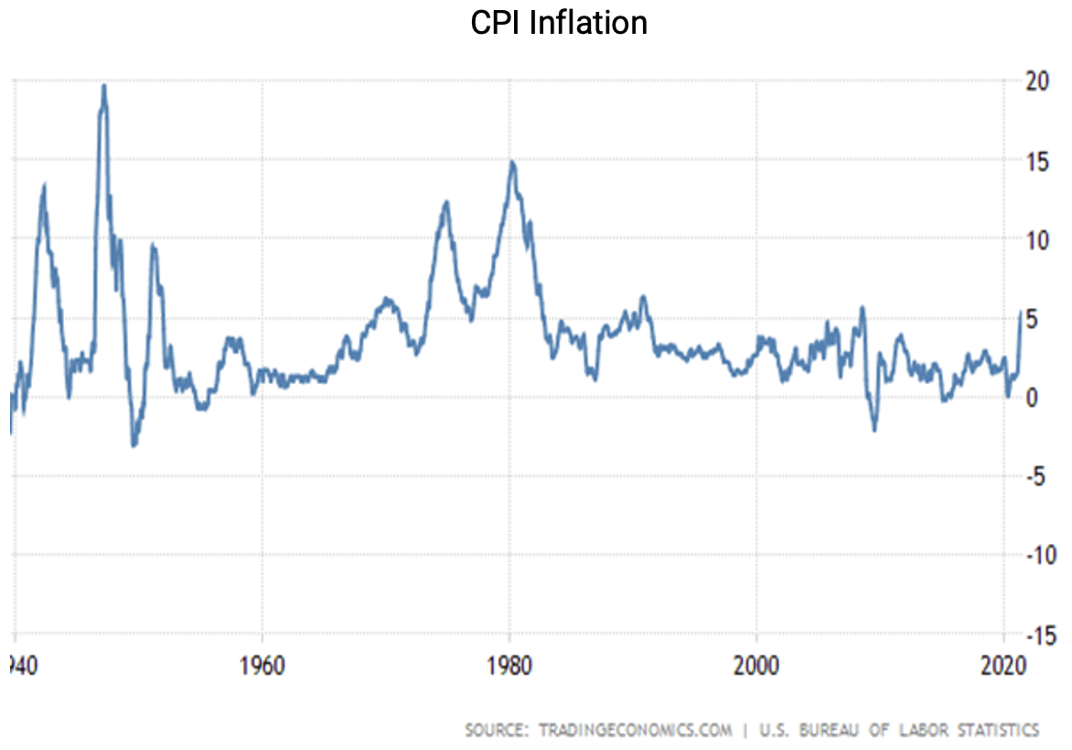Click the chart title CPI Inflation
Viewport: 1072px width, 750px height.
click(559, 22)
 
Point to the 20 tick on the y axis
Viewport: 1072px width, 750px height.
click(1036, 80)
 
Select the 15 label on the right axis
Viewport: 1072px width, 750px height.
click(1036, 161)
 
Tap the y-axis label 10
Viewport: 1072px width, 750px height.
click(1036, 241)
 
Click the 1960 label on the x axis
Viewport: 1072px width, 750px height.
click(263, 666)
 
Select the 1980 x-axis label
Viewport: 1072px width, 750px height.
click(509, 666)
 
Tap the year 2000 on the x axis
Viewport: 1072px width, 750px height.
click(756, 666)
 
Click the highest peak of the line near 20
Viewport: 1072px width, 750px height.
click(103, 85)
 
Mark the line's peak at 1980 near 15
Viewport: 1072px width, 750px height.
click(512, 162)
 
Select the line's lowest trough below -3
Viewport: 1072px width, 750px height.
click(134, 445)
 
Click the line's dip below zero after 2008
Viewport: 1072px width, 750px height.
click(874, 430)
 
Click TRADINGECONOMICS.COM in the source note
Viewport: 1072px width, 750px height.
click(636, 730)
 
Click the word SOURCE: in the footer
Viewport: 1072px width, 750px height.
click(497, 730)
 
